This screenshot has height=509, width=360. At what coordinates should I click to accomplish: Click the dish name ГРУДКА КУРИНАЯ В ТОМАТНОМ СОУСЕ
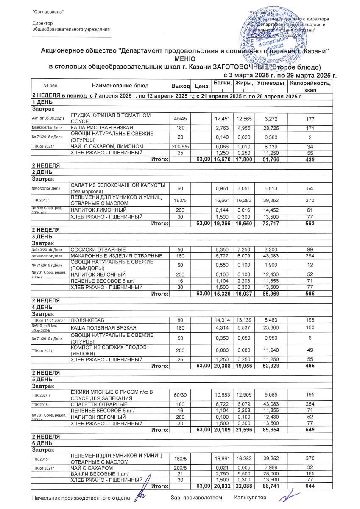pos(110,118)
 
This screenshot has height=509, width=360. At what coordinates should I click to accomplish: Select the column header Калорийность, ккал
pos(310,87)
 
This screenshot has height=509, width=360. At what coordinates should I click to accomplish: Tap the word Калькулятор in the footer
pos(250,497)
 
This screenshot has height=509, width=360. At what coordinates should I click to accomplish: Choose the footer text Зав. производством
pos(196,497)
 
